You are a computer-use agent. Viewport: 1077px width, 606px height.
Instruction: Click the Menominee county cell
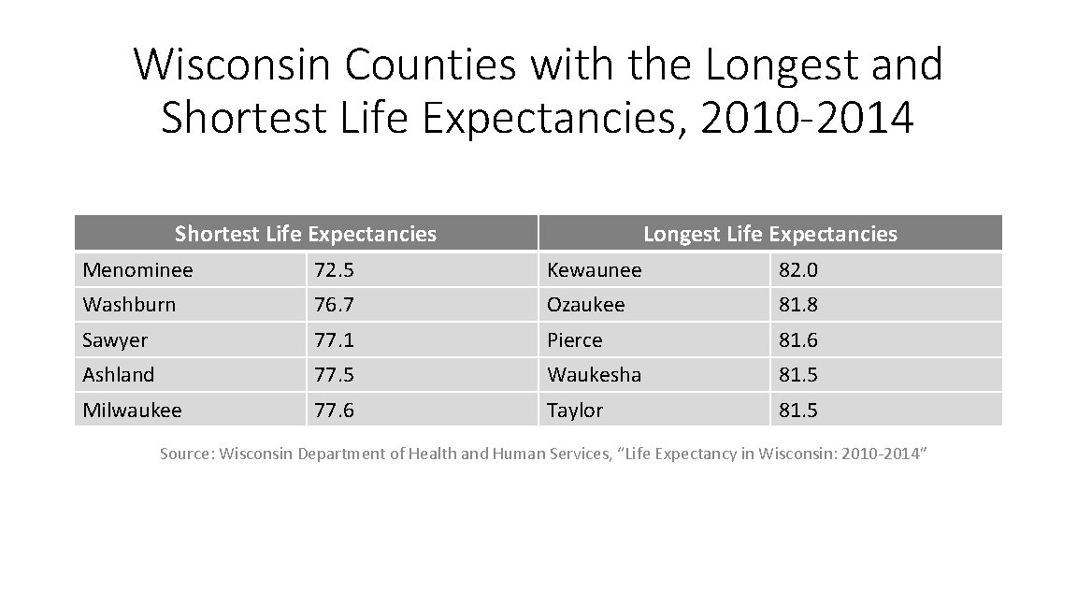[x=137, y=270]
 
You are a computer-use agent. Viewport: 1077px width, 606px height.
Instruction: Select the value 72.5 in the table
[x=334, y=270]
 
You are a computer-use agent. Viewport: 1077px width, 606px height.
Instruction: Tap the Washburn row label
[x=129, y=305]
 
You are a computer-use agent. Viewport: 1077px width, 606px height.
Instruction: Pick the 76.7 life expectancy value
[x=334, y=305]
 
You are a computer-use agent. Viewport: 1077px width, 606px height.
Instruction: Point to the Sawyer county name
[x=115, y=340]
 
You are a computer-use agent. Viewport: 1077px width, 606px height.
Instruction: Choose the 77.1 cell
[x=334, y=340]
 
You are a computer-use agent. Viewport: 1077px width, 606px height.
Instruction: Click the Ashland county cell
[x=119, y=375]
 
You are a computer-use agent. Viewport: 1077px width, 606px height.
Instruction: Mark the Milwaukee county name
[x=132, y=411]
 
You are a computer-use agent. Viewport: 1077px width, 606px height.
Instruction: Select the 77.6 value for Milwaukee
[x=334, y=411]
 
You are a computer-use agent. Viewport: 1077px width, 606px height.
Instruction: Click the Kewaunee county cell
[x=595, y=270]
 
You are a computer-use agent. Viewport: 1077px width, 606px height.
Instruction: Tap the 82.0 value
[x=798, y=270]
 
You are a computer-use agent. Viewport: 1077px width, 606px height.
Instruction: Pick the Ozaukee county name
[x=586, y=305]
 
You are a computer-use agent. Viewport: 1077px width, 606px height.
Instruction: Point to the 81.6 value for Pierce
[x=798, y=340]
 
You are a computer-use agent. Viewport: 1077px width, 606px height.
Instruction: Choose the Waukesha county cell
[x=594, y=375]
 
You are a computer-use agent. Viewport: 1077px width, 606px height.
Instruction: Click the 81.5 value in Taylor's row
[x=798, y=411]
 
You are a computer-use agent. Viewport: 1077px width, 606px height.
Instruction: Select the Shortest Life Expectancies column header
[x=306, y=234]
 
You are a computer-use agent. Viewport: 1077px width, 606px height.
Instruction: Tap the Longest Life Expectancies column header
[x=769, y=234]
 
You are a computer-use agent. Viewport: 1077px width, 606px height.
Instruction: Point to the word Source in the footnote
[x=187, y=454]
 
